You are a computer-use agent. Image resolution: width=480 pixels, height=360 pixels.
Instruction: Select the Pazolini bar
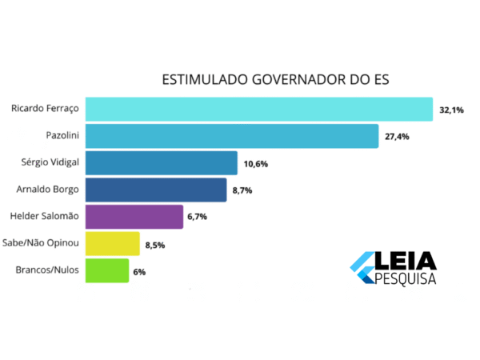click(x=231, y=136)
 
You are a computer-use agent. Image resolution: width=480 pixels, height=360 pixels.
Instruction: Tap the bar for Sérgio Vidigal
click(x=161, y=162)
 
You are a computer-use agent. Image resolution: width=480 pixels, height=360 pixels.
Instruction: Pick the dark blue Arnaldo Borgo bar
click(x=155, y=190)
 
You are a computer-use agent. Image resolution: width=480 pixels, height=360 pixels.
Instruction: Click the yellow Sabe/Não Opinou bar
click(x=112, y=244)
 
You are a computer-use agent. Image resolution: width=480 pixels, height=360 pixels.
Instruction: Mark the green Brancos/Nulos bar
click(x=106, y=270)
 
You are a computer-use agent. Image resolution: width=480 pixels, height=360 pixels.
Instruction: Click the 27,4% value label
click(x=398, y=137)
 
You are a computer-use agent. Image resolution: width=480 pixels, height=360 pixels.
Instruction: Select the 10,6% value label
click(x=257, y=164)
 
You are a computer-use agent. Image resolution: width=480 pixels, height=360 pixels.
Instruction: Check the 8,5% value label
click(x=154, y=245)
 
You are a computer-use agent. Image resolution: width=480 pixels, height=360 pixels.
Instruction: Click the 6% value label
click(x=139, y=272)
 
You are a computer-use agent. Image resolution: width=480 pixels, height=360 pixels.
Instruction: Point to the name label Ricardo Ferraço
click(x=45, y=108)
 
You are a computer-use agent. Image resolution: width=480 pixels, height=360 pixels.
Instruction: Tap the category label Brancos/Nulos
click(x=46, y=270)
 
